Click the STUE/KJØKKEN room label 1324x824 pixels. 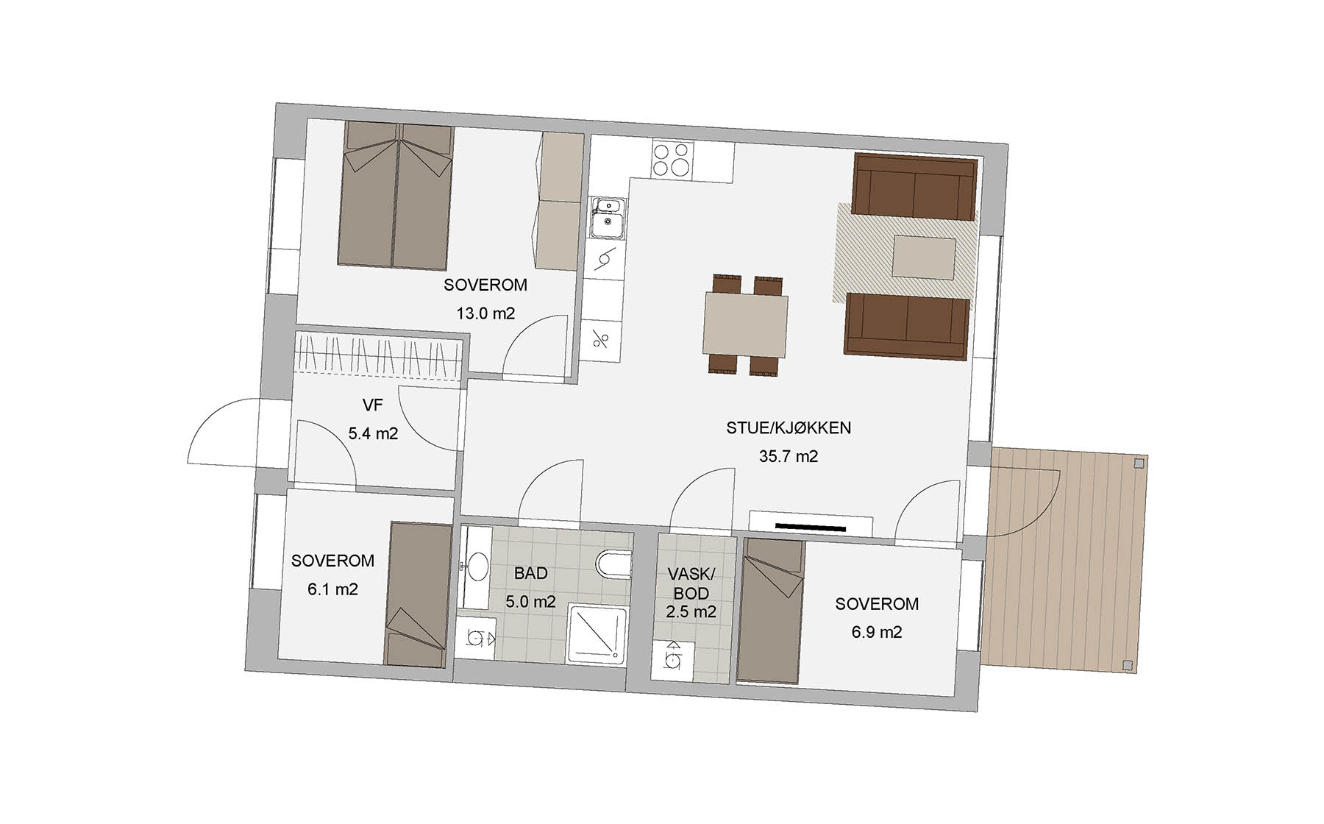point(789,427)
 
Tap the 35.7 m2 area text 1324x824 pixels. point(789,456)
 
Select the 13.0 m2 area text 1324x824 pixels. point(485,313)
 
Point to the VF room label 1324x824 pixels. point(373,405)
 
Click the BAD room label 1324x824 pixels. point(531,573)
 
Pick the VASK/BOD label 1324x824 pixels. point(691,583)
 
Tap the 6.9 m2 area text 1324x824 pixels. point(877,633)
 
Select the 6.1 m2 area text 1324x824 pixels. point(333,589)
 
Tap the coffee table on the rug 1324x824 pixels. point(925,257)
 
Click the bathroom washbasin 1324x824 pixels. point(477,567)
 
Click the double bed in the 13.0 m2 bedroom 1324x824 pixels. point(395,195)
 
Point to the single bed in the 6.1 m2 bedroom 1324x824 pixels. point(418,594)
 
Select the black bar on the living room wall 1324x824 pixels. point(810,527)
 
